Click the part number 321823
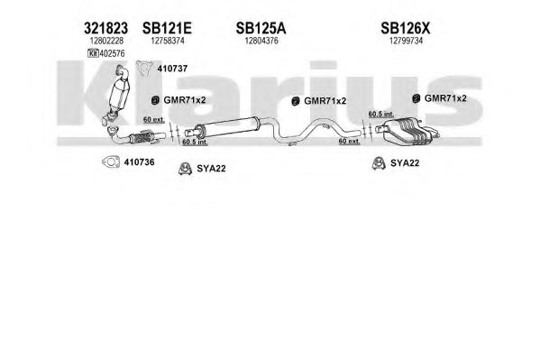(105, 28)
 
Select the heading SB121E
(167, 28)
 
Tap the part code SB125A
(261, 28)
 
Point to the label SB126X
(406, 28)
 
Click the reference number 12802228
(106, 41)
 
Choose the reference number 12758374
(168, 41)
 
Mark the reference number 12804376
(261, 41)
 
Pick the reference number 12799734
(406, 41)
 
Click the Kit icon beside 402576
(93, 53)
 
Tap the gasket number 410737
(172, 69)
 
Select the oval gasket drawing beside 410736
(111, 162)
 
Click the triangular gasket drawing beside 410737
(145, 68)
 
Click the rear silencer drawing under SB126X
(407, 132)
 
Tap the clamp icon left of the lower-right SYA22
(379, 163)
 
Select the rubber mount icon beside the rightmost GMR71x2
(416, 98)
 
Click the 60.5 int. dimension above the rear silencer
(381, 114)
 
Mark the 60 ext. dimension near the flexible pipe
(154, 120)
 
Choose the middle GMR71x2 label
(325, 101)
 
